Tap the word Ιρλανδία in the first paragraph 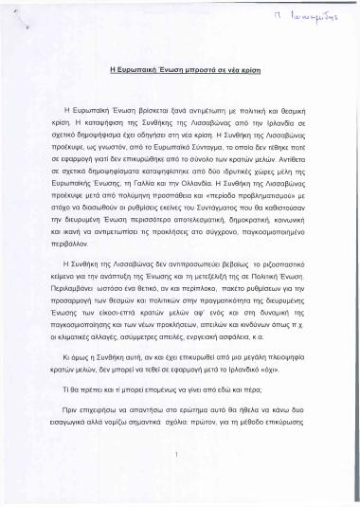(x=279, y=136)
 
